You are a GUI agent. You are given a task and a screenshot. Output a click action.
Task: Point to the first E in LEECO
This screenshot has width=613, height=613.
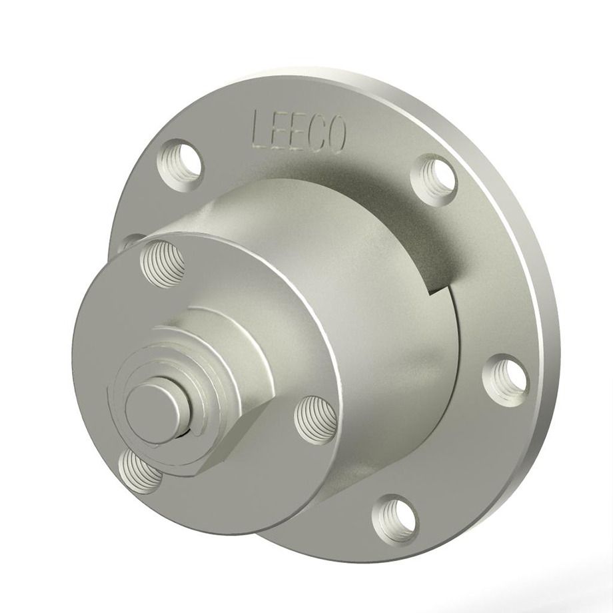(279, 131)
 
